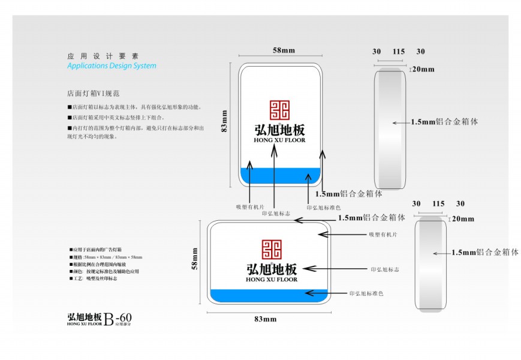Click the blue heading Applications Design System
[112, 66]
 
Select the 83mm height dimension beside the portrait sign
[225, 121]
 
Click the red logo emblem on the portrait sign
[279, 110]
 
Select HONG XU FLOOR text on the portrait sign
[280, 140]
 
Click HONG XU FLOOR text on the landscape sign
[272, 280]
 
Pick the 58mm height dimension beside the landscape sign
[195, 259]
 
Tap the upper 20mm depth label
[424, 70]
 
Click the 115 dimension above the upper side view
[399, 52]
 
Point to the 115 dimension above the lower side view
[438, 204]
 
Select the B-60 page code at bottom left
[118, 319]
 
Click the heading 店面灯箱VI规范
[95, 94]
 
